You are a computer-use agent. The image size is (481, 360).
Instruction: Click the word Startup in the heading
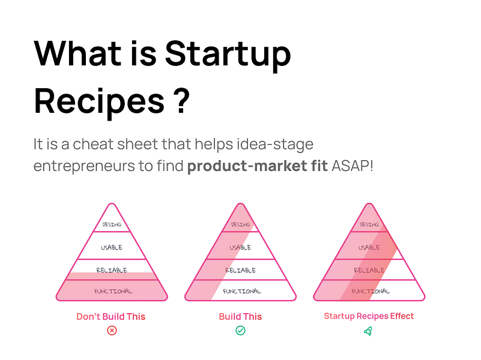tap(228, 55)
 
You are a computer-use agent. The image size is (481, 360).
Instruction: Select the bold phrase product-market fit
tap(258, 166)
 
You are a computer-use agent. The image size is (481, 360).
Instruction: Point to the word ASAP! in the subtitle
tap(352, 166)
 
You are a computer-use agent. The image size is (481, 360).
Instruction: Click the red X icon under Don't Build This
tap(112, 331)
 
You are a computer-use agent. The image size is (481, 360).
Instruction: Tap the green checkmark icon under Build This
tap(240, 331)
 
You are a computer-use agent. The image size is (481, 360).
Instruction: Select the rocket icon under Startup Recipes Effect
tap(368, 331)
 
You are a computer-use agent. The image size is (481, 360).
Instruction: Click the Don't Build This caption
tap(111, 316)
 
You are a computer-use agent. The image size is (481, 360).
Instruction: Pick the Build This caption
tap(240, 316)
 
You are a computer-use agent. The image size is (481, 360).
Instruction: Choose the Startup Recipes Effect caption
tap(369, 316)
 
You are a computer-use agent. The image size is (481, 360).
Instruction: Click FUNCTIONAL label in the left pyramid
tap(113, 291)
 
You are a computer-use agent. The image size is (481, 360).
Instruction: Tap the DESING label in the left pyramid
tap(112, 224)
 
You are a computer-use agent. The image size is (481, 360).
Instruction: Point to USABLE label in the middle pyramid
tap(240, 247)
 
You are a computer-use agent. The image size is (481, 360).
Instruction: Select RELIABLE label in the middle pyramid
tap(241, 270)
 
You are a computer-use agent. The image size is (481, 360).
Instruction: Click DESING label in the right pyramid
tap(369, 224)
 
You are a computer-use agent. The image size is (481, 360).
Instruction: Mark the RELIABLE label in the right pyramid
tap(369, 270)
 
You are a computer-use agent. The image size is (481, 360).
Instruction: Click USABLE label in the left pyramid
tap(112, 247)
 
